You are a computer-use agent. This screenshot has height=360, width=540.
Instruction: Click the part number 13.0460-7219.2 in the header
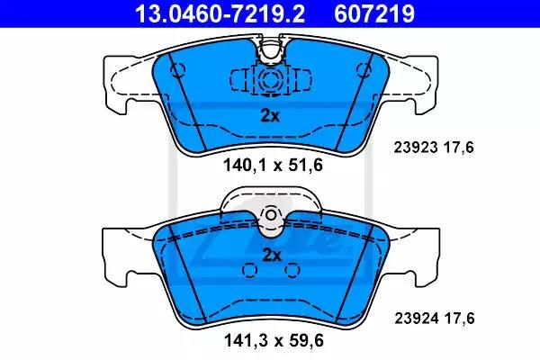click(220, 13)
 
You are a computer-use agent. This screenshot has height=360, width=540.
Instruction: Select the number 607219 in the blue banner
click(374, 13)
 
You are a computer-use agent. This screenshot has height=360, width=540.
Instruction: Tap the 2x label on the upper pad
click(270, 116)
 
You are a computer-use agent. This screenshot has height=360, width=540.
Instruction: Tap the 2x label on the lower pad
click(272, 256)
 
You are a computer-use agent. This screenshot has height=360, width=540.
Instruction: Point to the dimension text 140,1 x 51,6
click(273, 165)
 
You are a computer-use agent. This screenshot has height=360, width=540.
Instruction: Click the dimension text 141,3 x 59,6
click(274, 341)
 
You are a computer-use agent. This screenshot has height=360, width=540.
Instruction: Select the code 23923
click(416, 148)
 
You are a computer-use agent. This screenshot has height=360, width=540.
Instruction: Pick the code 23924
click(417, 318)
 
